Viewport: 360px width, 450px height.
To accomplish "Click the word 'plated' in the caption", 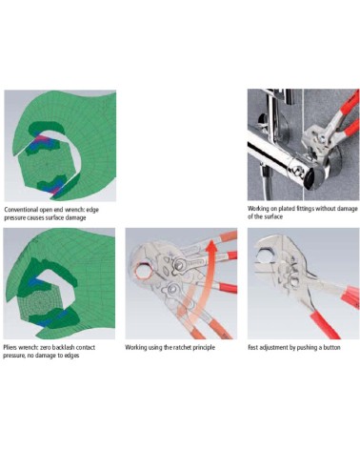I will (284, 209).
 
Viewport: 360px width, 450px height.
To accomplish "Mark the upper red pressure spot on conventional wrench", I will (44, 141).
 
